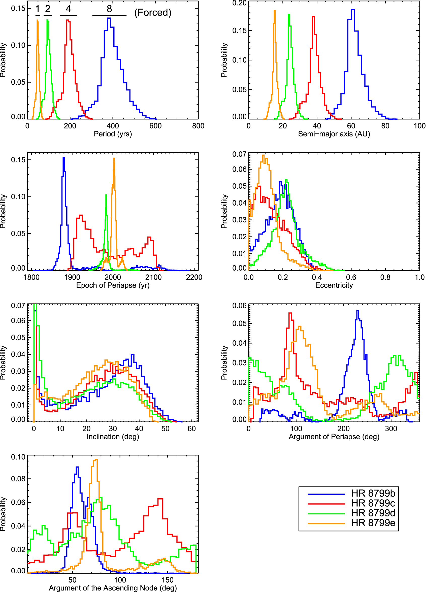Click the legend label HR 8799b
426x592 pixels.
[373, 493]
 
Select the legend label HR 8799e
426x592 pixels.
[373, 523]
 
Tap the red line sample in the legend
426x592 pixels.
[326, 504]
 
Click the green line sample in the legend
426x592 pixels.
[326, 513]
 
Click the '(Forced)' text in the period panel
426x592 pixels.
[153, 13]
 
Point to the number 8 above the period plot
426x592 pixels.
[109, 9]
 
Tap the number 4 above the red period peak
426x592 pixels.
[68, 9]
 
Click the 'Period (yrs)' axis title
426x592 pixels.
[113, 134]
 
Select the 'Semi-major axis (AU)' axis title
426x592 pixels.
[334, 134]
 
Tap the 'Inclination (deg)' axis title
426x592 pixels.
[113, 436]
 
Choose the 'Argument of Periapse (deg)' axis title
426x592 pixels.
[334, 436]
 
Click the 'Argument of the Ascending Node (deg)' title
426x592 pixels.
[113, 588]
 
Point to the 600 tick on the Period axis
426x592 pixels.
[155, 126]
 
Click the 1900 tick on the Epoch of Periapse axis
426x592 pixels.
[72, 277]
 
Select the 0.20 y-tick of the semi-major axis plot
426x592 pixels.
[239, 3]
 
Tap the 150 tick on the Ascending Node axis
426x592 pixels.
[167, 580]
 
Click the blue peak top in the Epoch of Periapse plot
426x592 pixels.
[64, 158]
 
